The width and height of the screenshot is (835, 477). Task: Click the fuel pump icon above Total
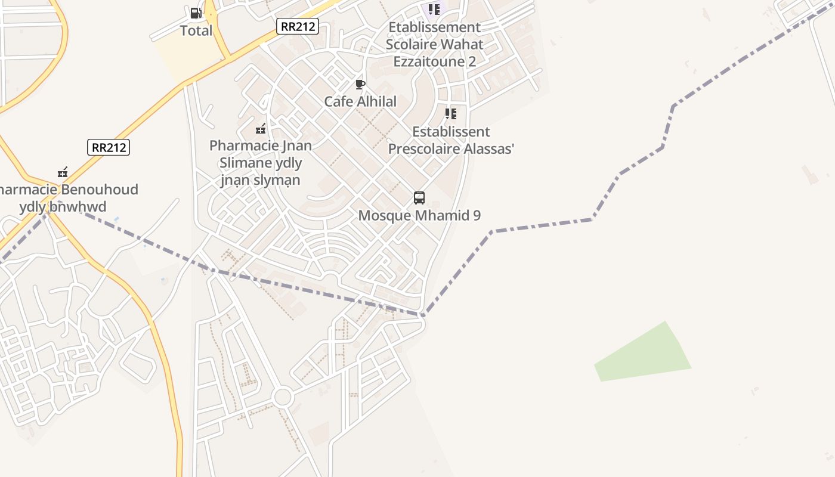[195, 13]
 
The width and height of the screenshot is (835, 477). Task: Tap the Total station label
[196, 30]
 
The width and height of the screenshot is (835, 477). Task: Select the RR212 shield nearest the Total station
[297, 26]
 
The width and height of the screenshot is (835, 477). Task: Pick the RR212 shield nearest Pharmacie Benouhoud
[109, 147]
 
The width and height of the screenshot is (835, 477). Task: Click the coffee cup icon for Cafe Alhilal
[360, 85]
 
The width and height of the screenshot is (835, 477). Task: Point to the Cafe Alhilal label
[360, 101]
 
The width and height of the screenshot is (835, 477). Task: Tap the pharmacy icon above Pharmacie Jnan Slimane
[261, 129]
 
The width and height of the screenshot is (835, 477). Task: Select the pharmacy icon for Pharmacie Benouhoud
[63, 173]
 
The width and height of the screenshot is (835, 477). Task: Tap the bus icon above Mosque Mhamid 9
[419, 198]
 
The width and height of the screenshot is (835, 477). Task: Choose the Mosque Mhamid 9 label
[419, 215]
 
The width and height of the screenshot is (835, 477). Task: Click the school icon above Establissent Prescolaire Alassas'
[451, 114]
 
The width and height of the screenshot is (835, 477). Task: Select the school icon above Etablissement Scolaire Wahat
[434, 10]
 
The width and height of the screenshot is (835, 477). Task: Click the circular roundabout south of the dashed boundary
[282, 397]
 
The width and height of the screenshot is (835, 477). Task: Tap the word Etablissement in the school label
[434, 27]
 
